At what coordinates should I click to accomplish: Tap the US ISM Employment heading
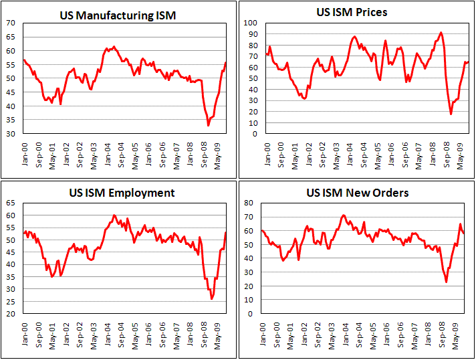pos(122,193)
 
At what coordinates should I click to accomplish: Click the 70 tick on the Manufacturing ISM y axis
pos(11,22)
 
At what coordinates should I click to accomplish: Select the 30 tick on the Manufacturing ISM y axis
pos(11,134)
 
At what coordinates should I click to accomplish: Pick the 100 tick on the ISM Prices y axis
pos(249,22)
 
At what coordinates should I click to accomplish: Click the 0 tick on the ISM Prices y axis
pos(253,134)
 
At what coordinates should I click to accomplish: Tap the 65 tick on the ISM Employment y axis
pos(11,203)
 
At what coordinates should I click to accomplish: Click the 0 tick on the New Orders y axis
pos(253,313)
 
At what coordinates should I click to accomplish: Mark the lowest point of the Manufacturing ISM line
pos(208,125)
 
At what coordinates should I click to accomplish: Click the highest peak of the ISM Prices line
pos(441,32)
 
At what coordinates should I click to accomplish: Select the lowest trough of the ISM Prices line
pos(451,114)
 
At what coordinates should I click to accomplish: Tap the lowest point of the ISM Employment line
pos(212,298)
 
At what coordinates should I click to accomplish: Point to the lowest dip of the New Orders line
pos(447,282)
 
